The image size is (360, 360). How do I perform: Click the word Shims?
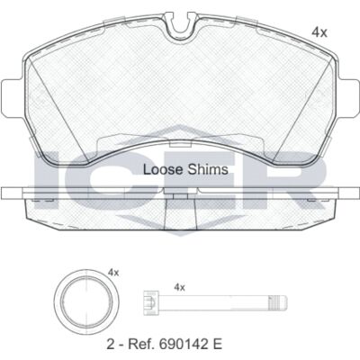[208, 170]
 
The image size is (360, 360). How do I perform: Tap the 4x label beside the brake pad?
[319, 32]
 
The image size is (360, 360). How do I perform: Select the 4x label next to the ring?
[113, 273]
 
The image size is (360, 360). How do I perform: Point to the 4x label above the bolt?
[179, 288]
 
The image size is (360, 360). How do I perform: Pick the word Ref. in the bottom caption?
[140, 344]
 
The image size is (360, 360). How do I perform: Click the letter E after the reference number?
[218, 344]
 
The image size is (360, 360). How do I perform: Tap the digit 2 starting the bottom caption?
[110, 344]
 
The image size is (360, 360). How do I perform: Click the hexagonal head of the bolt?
[152, 302]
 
